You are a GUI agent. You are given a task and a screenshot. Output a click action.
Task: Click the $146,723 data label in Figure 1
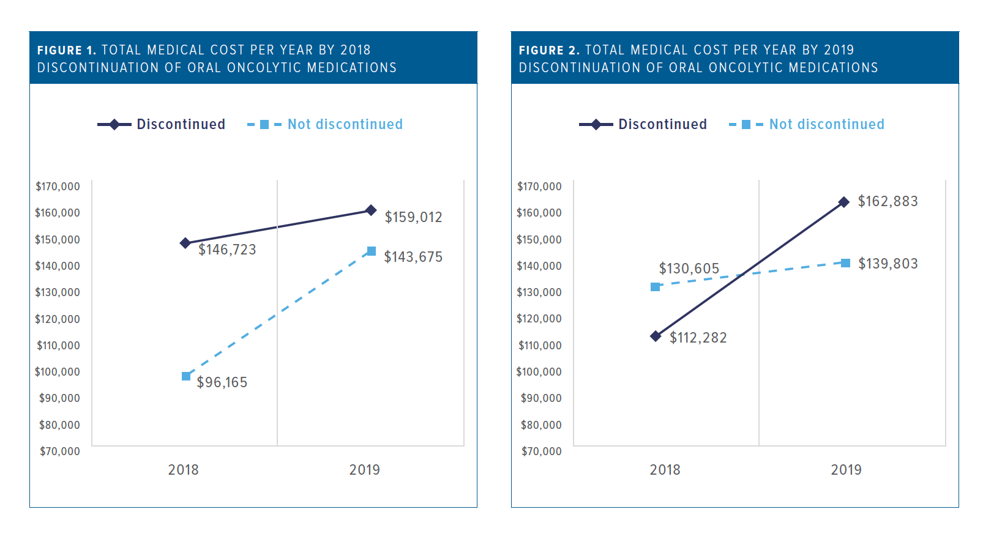pos(227,250)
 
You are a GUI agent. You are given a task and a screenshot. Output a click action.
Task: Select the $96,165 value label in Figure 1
pos(222,382)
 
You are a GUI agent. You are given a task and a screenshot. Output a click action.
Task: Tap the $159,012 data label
pos(413,217)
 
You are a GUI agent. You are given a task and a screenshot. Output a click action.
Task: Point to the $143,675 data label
pos(413,257)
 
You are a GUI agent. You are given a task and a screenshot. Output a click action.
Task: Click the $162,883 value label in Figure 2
pos(888,201)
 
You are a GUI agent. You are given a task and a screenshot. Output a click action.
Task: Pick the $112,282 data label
pos(698,338)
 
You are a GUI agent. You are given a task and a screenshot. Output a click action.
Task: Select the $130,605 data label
pos(689,269)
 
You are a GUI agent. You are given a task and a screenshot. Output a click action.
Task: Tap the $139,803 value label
pos(888,264)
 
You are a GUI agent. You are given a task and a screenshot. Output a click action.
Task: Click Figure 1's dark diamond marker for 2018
pos(185,243)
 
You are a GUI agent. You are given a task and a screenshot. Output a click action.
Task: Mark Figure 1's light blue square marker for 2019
pos(371,251)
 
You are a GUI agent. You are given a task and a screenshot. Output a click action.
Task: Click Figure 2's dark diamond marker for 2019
pos(844,202)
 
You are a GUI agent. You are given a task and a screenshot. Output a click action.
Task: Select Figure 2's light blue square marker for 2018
pos(655,287)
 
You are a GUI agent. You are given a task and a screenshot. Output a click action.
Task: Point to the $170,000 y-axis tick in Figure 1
pos(58,187)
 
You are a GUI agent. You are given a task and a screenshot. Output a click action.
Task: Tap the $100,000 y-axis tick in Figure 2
pos(539,372)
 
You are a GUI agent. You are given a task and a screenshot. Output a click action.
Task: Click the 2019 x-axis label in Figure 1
pos(364,470)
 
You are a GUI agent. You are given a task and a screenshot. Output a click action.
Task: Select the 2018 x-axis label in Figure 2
pos(665,470)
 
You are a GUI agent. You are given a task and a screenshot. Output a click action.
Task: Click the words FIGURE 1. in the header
pos(66,50)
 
